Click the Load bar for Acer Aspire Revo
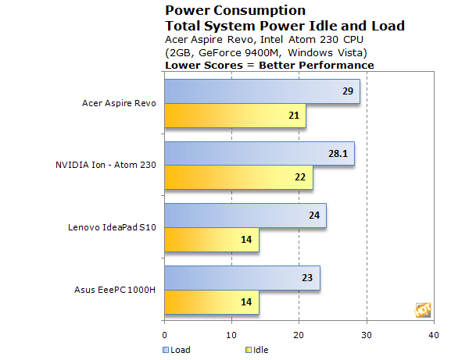tap(262, 91)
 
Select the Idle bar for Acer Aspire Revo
tap(235, 116)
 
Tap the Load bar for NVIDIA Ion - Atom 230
tap(260, 154)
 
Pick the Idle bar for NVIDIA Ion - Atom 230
tap(238, 177)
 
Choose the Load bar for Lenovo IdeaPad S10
tap(245, 216)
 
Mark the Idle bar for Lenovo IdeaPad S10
tap(212, 240)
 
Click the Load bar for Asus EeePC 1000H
tap(242, 278)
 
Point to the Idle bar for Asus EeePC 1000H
tap(212, 302)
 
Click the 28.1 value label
tap(338, 154)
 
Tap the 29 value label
tap(348, 91)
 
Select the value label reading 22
tap(300, 177)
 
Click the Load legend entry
tap(177, 350)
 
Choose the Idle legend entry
tap(256, 350)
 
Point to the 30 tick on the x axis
tap(367, 335)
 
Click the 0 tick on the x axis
tap(164, 335)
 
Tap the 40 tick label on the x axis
tap(434, 335)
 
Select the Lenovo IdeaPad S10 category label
tap(112, 227)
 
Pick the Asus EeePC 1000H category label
tap(115, 290)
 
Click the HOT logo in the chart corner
tap(423, 310)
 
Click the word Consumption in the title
tap(260, 11)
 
